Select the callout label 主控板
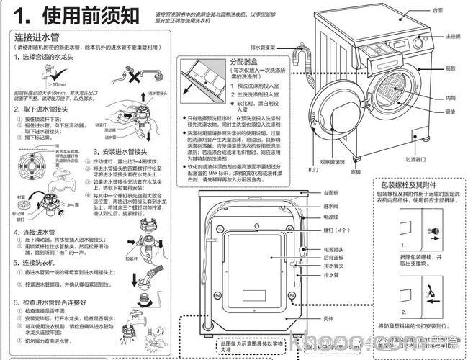click(x=451, y=35)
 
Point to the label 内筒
click(x=451, y=97)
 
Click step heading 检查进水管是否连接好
click(x=58, y=303)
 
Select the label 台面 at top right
click(x=437, y=11)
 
